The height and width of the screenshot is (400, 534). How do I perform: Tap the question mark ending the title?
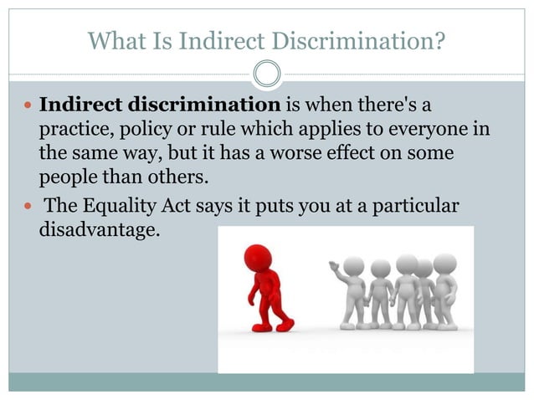[x=438, y=39]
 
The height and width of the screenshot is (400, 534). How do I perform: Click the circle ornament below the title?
[x=267, y=74]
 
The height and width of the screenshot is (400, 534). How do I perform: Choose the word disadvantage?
[x=99, y=228]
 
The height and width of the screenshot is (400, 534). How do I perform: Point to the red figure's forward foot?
[x=285, y=326]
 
